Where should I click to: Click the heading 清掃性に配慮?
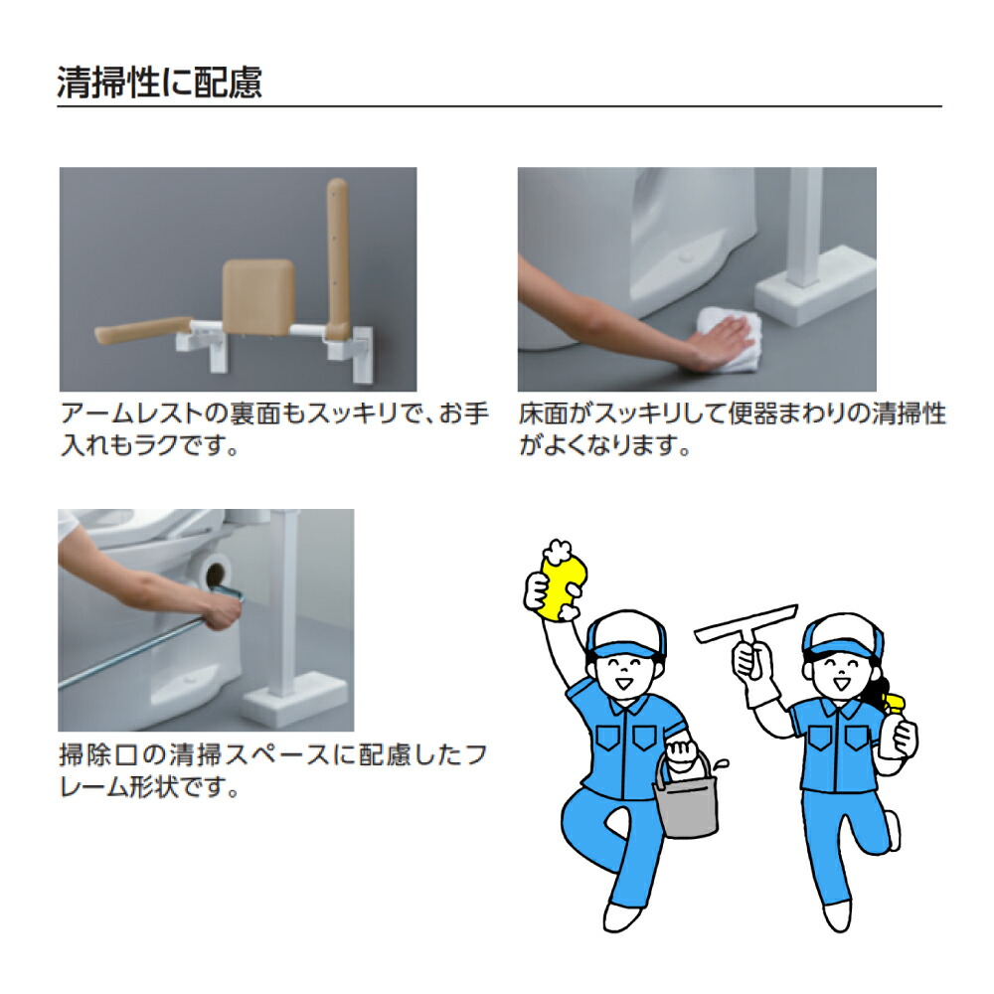point(159,83)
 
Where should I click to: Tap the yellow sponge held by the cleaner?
point(557,586)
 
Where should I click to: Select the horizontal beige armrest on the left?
point(139,334)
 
